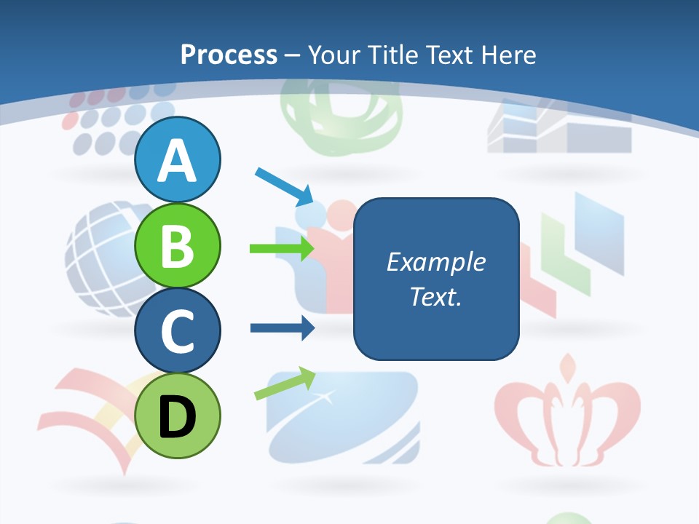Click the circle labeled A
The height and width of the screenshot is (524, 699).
click(177, 159)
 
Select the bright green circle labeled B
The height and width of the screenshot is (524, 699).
click(177, 245)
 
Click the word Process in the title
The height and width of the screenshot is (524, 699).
click(229, 55)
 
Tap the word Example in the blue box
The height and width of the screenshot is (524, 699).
click(435, 262)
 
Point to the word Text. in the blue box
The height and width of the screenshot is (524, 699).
click(435, 296)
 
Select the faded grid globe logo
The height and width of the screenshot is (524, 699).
click(102, 247)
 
